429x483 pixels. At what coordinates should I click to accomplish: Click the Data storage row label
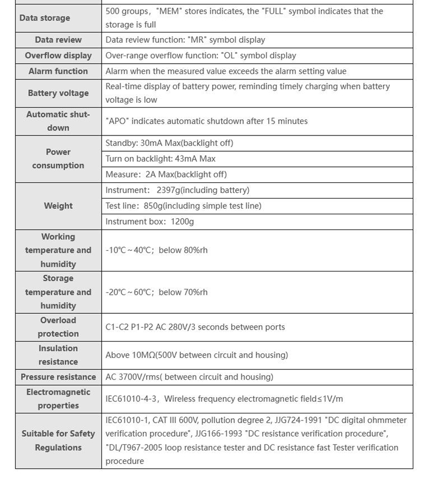click(x=45, y=18)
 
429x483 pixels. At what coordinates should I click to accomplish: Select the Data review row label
click(x=58, y=40)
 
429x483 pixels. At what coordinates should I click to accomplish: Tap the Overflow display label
click(x=58, y=55)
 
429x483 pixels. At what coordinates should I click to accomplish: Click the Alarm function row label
click(x=58, y=71)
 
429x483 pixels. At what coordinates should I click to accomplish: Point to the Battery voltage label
click(x=58, y=93)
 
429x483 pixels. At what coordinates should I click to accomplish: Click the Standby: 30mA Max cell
click(x=169, y=143)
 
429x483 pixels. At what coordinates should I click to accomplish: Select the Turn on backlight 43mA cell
click(x=160, y=159)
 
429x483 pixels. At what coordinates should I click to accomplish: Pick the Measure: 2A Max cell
click(x=166, y=175)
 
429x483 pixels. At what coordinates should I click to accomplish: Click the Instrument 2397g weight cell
click(x=177, y=190)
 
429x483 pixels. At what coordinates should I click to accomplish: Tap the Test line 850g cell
click(x=183, y=206)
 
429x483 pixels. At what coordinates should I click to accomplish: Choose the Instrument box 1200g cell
click(x=149, y=222)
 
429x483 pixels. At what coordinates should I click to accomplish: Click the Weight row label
click(x=58, y=206)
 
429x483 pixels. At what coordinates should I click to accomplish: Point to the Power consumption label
click(x=58, y=159)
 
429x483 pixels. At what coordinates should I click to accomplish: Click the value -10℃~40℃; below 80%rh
click(x=156, y=250)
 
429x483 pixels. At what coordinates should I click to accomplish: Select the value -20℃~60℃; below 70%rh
click(x=156, y=292)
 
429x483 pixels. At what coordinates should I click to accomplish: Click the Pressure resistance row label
click(x=58, y=377)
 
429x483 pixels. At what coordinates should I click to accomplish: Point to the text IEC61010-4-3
click(x=131, y=399)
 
